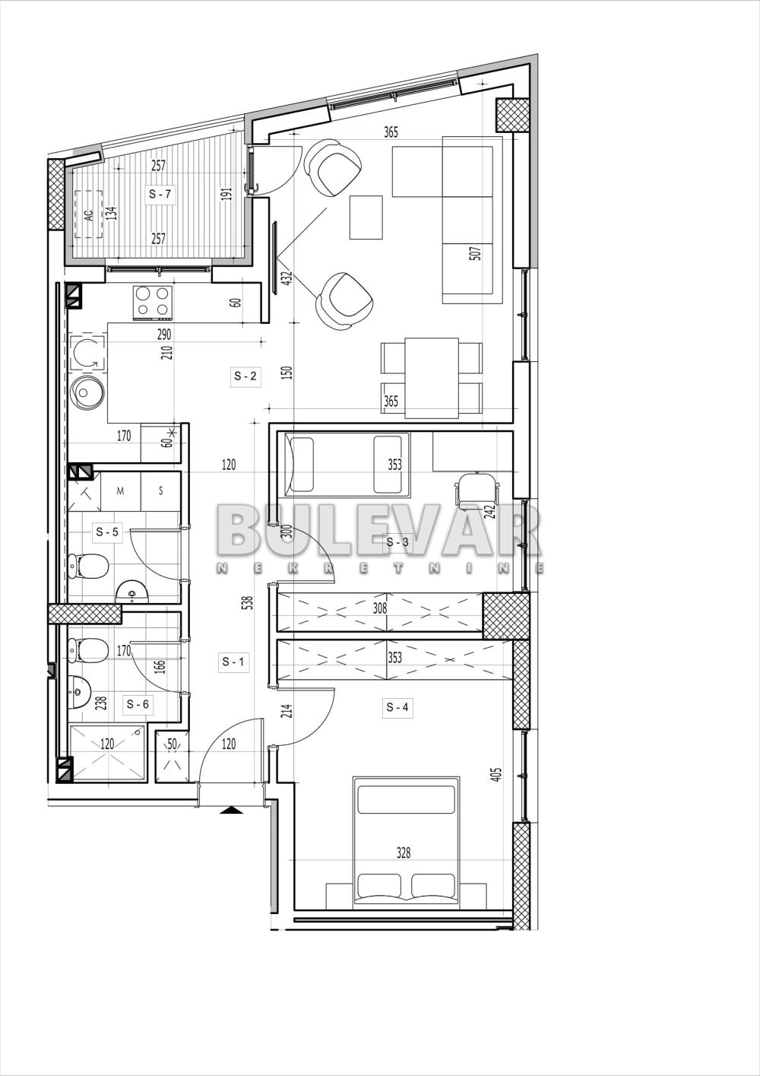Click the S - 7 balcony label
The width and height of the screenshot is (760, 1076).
(160, 194)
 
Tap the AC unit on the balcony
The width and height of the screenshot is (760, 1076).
(88, 214)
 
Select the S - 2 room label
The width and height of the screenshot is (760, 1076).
(245, 376)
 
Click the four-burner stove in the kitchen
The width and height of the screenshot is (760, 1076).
(151, 302)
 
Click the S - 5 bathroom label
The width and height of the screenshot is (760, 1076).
(107, 532)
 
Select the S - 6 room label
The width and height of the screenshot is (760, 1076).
(138, 704)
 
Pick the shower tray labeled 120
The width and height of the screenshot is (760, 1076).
(107, 753)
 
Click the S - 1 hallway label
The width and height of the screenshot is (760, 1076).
(233, 662)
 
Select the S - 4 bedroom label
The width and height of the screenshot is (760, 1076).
(397, 708)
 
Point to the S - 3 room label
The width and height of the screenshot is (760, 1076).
(397, 542)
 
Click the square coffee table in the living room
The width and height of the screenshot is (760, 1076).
(366, 217)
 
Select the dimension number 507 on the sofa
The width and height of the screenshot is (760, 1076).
(476, 253)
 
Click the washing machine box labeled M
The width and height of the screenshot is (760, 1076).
(120, 491)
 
